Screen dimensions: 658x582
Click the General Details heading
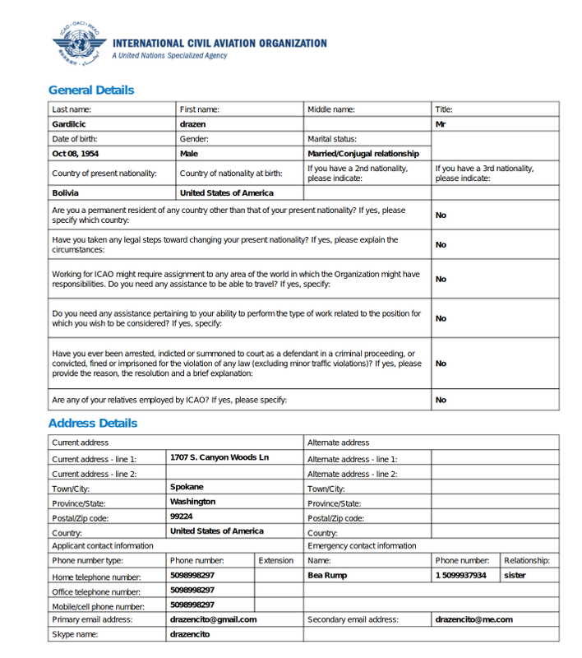90,90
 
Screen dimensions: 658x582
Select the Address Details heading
92,424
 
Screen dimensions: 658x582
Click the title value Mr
441,124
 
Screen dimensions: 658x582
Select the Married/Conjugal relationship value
363,154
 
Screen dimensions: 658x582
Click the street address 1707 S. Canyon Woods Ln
219,457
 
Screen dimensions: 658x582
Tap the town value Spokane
187,487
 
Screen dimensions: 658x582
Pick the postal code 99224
181,517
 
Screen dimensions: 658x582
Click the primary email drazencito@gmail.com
213,619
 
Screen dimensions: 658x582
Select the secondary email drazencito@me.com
473,619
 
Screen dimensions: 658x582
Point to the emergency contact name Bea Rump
327,576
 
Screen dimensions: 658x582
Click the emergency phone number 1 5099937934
460,576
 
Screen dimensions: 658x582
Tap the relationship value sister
515,576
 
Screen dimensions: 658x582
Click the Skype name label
76,635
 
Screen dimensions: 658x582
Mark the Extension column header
275,561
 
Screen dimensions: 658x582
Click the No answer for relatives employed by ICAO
441,401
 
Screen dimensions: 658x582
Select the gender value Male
189,154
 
